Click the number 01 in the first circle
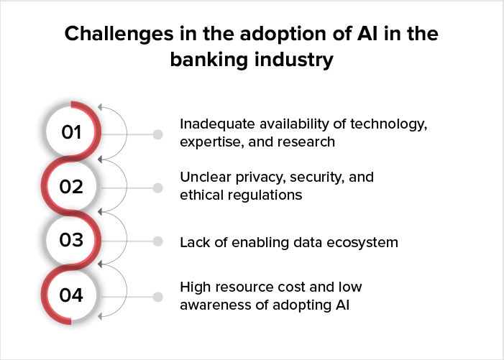(x=71, y=132)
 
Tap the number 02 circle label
(x=71, y=187)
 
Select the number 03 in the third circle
(x=71, y=241)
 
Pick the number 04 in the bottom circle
(x=71, y=295)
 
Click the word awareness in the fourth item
(x=212, y=305)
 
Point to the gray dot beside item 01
(x=157, y=134)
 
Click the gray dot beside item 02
(x=157, y=188)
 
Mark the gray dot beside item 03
(x=157, y=242)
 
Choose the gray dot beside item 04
(x=157, y=296)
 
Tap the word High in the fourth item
(x=195, y=287)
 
